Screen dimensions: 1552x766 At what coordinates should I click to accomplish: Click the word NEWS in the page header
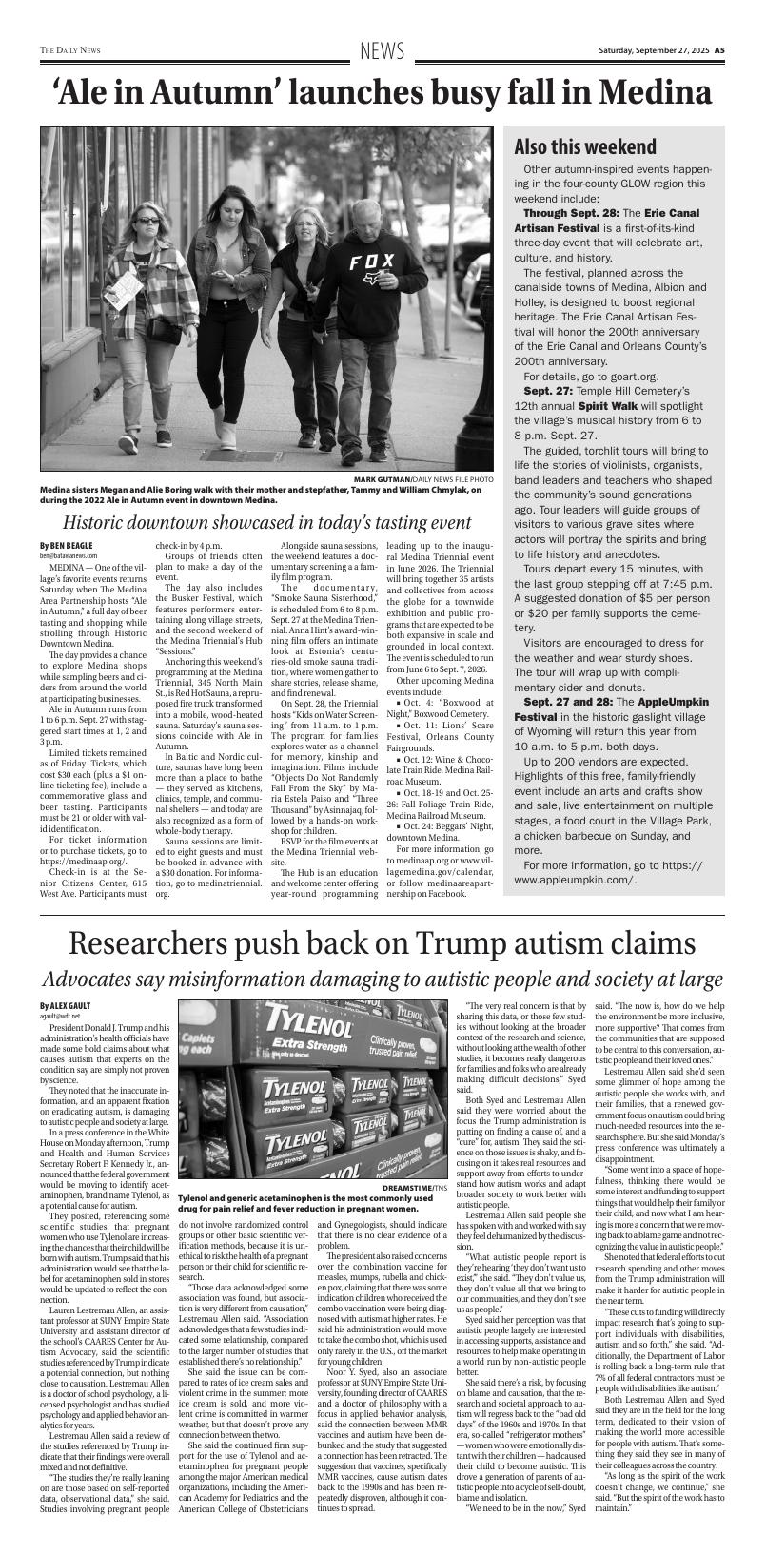[x=383, y=51]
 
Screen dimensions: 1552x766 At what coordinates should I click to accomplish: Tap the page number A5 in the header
[x=720, y=51]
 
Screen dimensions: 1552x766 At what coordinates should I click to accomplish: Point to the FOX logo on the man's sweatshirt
[x=370, y=261]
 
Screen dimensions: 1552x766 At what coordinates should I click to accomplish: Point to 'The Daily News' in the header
[x=70, y=51]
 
